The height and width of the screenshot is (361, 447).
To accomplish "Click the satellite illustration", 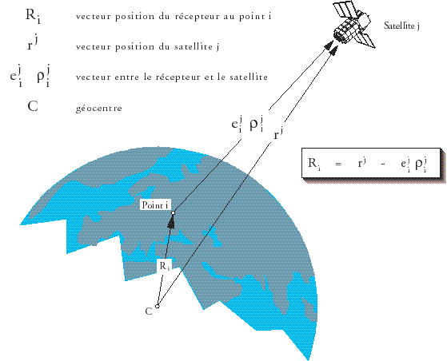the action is click(x=353, y=25).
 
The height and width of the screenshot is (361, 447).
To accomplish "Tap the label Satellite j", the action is click(x=401, y=26).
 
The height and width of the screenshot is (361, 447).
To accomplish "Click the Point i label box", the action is click(x=155, y=205).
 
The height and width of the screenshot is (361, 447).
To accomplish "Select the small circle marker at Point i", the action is click(x=173, y=212).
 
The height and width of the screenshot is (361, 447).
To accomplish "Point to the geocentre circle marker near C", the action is click(x=157, y=307).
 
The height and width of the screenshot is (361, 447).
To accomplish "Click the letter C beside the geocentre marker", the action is click(x=149, y=311).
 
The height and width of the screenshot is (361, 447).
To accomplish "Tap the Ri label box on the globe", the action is click(x=165, y=266).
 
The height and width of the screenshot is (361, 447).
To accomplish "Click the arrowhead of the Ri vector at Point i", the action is click(x=171, y=221).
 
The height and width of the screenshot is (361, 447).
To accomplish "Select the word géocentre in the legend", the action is click(x=99, y=108).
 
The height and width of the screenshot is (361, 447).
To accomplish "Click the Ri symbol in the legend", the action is click(x=33, y=16).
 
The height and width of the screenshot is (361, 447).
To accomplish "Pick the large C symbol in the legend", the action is click(x=33, y=107).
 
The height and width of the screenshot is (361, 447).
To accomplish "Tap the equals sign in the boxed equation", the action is click(x=338, y=164).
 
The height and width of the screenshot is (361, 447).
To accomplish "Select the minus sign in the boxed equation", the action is click(x=383, y=165).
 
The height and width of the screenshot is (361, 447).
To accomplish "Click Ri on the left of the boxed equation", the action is click(x=314, y=164).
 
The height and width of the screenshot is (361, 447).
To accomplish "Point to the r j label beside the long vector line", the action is click(x=278, y=133).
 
